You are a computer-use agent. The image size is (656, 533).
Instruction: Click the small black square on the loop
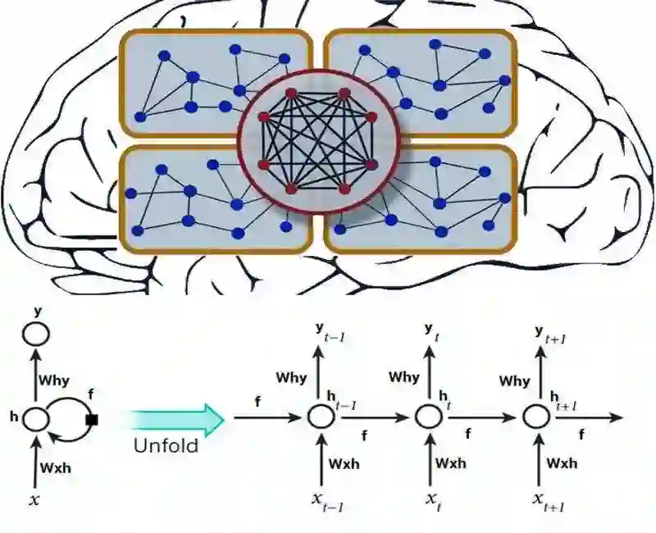coord(91,420)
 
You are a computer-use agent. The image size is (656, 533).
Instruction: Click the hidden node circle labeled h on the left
coord(36,419)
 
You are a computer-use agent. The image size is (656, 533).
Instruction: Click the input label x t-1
coord(325,501)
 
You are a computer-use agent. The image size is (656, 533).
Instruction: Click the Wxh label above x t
coord(451,462)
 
